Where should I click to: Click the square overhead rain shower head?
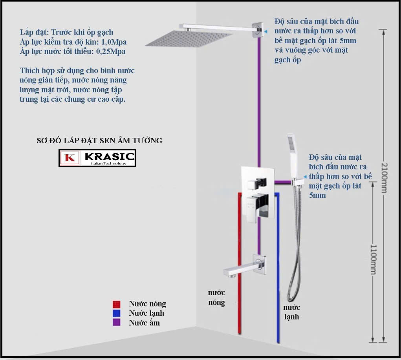pyautogui.click(x=189, y=39)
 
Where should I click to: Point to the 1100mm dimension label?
pyautogui.click(x=374, y=259)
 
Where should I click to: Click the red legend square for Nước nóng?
pyautogui.click(x=117, y=304)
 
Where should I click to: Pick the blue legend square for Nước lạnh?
pyautogui.click(x=117, y=313)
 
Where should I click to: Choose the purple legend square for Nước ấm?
pyautogui.click(x=117, y=322)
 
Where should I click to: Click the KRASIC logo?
pyautogui.click(x=97, y=158)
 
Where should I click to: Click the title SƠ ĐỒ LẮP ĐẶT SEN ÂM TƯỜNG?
pyautogui.click(x=99, y=141)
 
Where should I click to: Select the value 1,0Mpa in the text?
pyautogui.click(x=114, y=42)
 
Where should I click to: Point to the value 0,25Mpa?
pyautogui.click(x=111, y=52)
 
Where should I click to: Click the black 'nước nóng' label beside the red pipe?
pyautogui.click(x=217, y=298)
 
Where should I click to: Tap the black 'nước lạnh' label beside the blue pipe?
pyautogui.click(x=291, y=312)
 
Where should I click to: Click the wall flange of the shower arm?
pyautogui.click(x=258, y=30)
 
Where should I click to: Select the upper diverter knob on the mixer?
pyautogui.click(x=257, y=184)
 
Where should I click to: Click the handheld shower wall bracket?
pyautogui.click(x=297, y=182)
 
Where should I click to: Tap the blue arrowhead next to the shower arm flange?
pyautogui.click(x=266, y=31)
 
